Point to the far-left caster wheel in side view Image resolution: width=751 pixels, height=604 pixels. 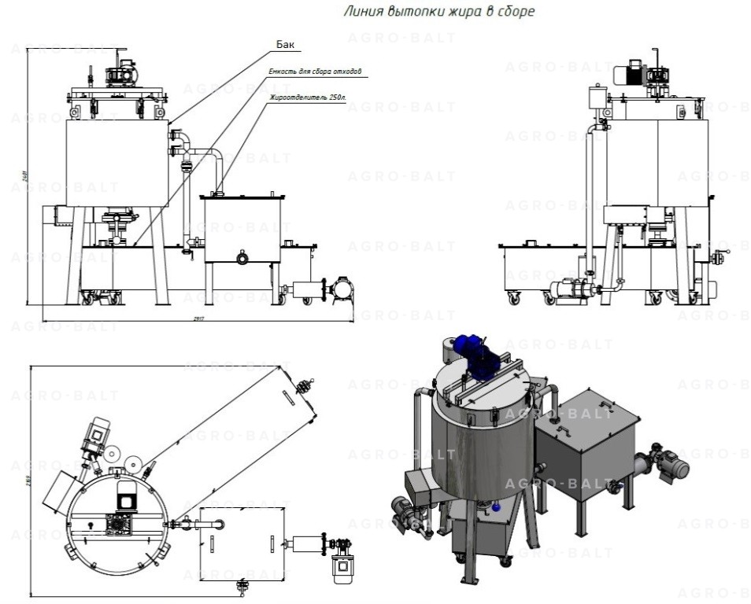[515, 297]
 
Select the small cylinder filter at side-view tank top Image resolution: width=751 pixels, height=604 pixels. [597, 98]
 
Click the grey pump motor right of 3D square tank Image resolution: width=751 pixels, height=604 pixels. [669, 466]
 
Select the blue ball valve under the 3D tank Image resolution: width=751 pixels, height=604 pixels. [497, 507]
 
